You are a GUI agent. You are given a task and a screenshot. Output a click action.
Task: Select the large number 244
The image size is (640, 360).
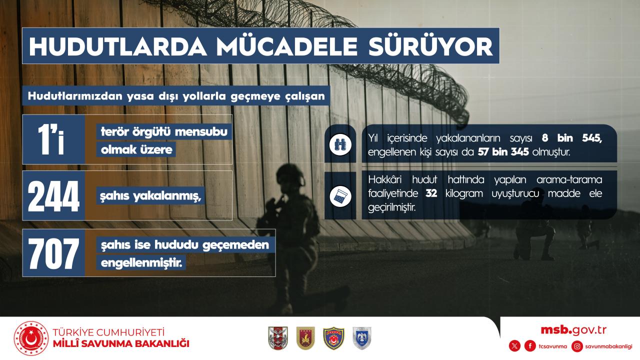[x=53, y=196]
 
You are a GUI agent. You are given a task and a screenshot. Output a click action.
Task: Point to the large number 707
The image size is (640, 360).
[x=53, y=253]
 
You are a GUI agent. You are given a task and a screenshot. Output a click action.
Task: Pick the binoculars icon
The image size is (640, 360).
[x=340, y=144]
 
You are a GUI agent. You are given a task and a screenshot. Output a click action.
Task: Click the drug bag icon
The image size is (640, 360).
[x=340, y=196]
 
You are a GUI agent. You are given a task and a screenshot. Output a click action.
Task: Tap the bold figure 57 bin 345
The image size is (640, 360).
[x=503, y=152]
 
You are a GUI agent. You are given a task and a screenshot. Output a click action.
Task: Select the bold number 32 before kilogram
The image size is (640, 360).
[x=431, y=193]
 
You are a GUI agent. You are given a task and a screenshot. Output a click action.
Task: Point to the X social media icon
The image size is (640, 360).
[x=514, y=346]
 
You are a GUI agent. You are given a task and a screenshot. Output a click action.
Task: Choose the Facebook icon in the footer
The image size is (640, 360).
[x=530, y=346]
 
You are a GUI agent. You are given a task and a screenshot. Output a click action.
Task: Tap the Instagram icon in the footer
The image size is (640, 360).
[x=577, y=346]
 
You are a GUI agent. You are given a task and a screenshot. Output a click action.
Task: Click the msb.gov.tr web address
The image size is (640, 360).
[x=573, y=330]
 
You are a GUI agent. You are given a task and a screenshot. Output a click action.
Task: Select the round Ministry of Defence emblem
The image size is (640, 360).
[x=31, y=338]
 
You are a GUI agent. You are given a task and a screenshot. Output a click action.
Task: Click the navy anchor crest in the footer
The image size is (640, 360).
[x=333, y=338]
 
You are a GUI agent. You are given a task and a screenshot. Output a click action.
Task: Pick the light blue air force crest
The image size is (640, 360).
[x=361, y=338]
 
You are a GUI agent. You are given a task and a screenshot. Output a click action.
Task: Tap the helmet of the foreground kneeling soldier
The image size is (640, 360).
[x=290, y=173]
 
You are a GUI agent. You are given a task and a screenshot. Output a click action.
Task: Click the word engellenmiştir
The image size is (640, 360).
[x=141, y=263]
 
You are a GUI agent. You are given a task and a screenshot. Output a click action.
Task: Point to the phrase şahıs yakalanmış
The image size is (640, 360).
[x=150, y=195]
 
